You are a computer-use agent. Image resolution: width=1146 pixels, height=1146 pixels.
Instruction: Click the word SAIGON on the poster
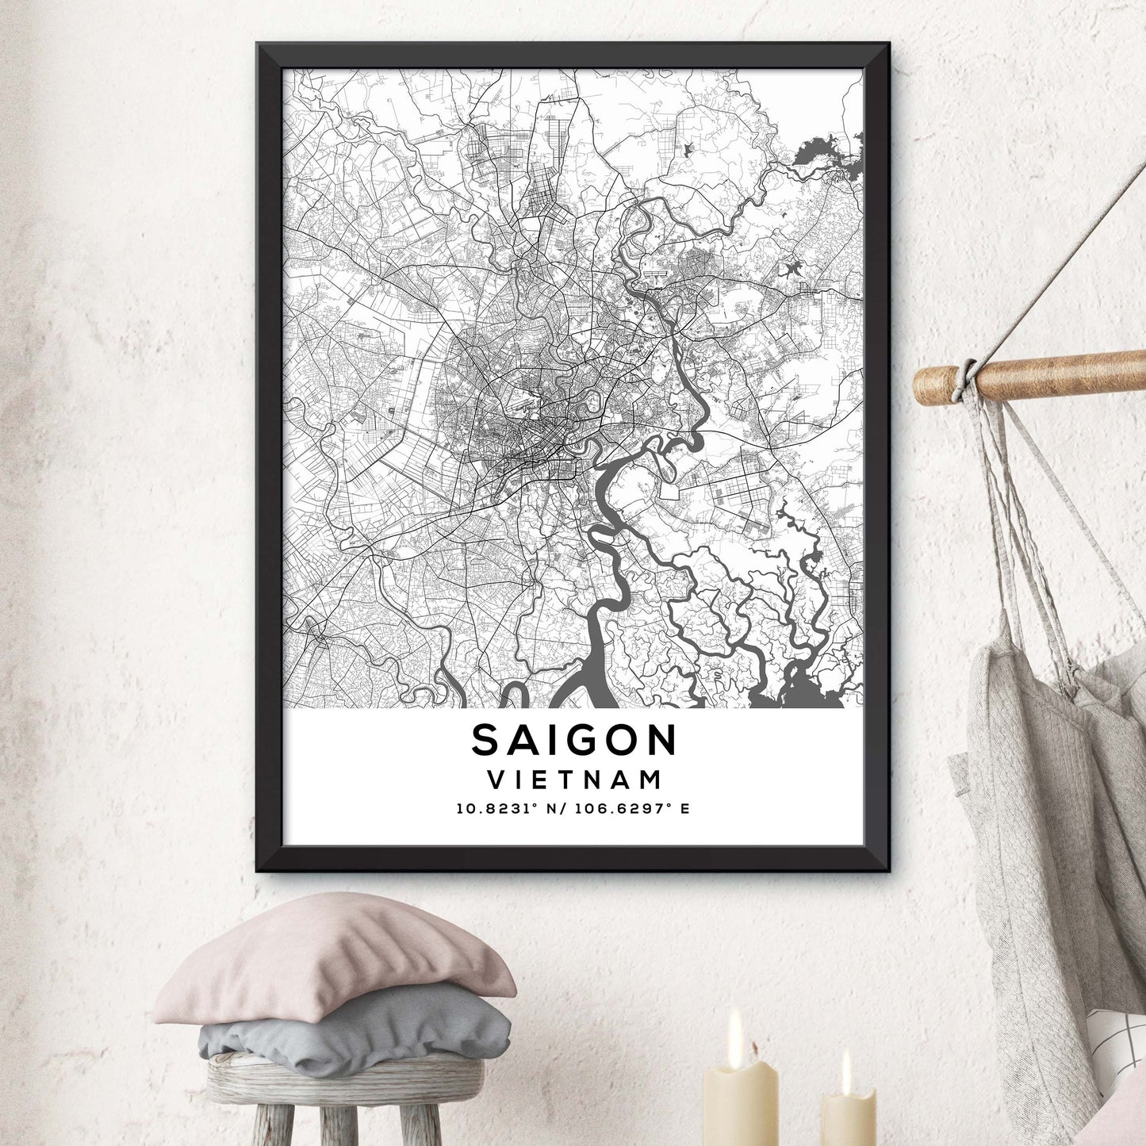[x=574, y=740]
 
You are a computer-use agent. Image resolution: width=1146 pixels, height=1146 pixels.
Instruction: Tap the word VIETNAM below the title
[x=574, y=780]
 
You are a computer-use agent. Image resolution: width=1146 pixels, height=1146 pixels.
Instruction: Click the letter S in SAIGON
[x=485, y=741]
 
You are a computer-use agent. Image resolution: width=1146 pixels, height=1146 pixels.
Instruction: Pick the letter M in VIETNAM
[x=650, y=780]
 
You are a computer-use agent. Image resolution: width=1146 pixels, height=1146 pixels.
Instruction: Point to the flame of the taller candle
[x=736, y=1026]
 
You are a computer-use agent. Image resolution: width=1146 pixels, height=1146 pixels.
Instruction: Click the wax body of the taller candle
[x=741, y=1106]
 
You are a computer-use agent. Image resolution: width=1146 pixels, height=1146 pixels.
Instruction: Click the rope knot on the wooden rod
[x=966, y=378]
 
